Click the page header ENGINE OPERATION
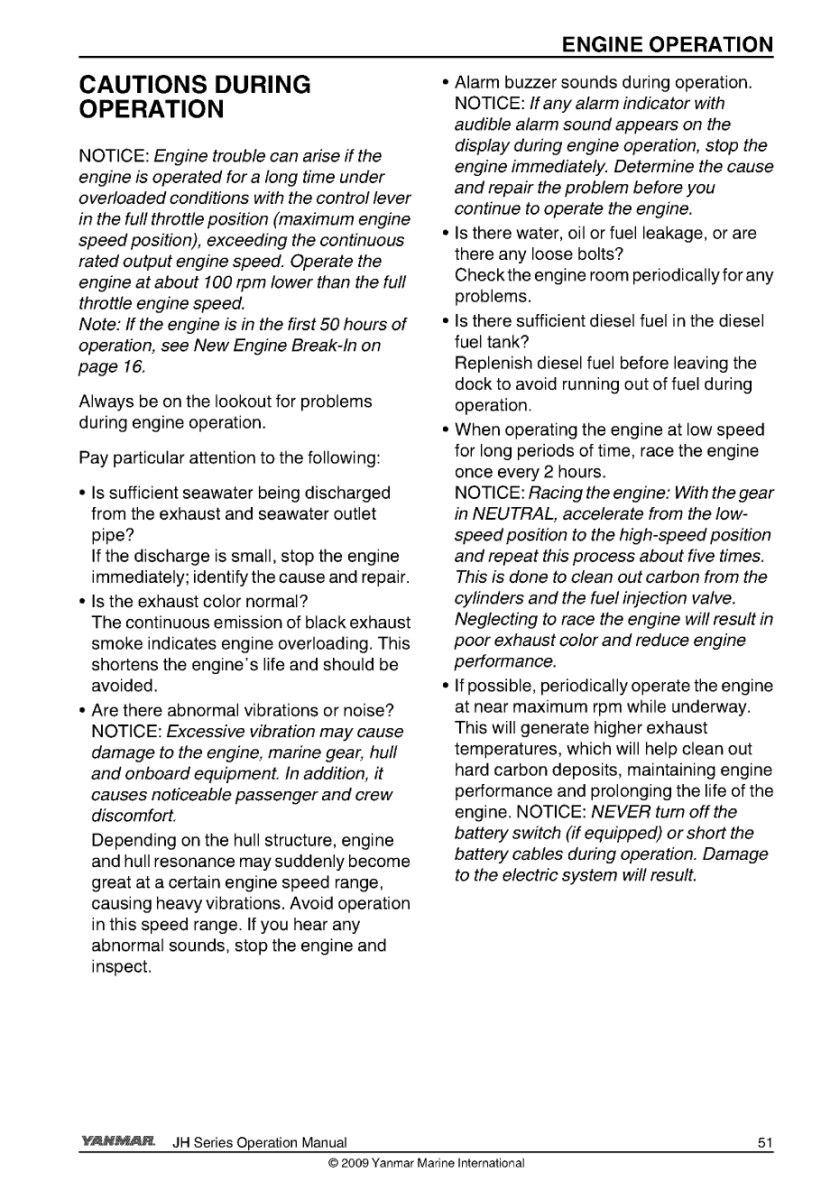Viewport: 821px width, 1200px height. [667, 45]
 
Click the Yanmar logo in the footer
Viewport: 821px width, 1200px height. [119, 1142]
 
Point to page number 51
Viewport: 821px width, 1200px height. [765, 1143]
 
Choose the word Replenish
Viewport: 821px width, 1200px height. [494, 363]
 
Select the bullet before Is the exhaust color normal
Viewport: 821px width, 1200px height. [84, 602]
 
